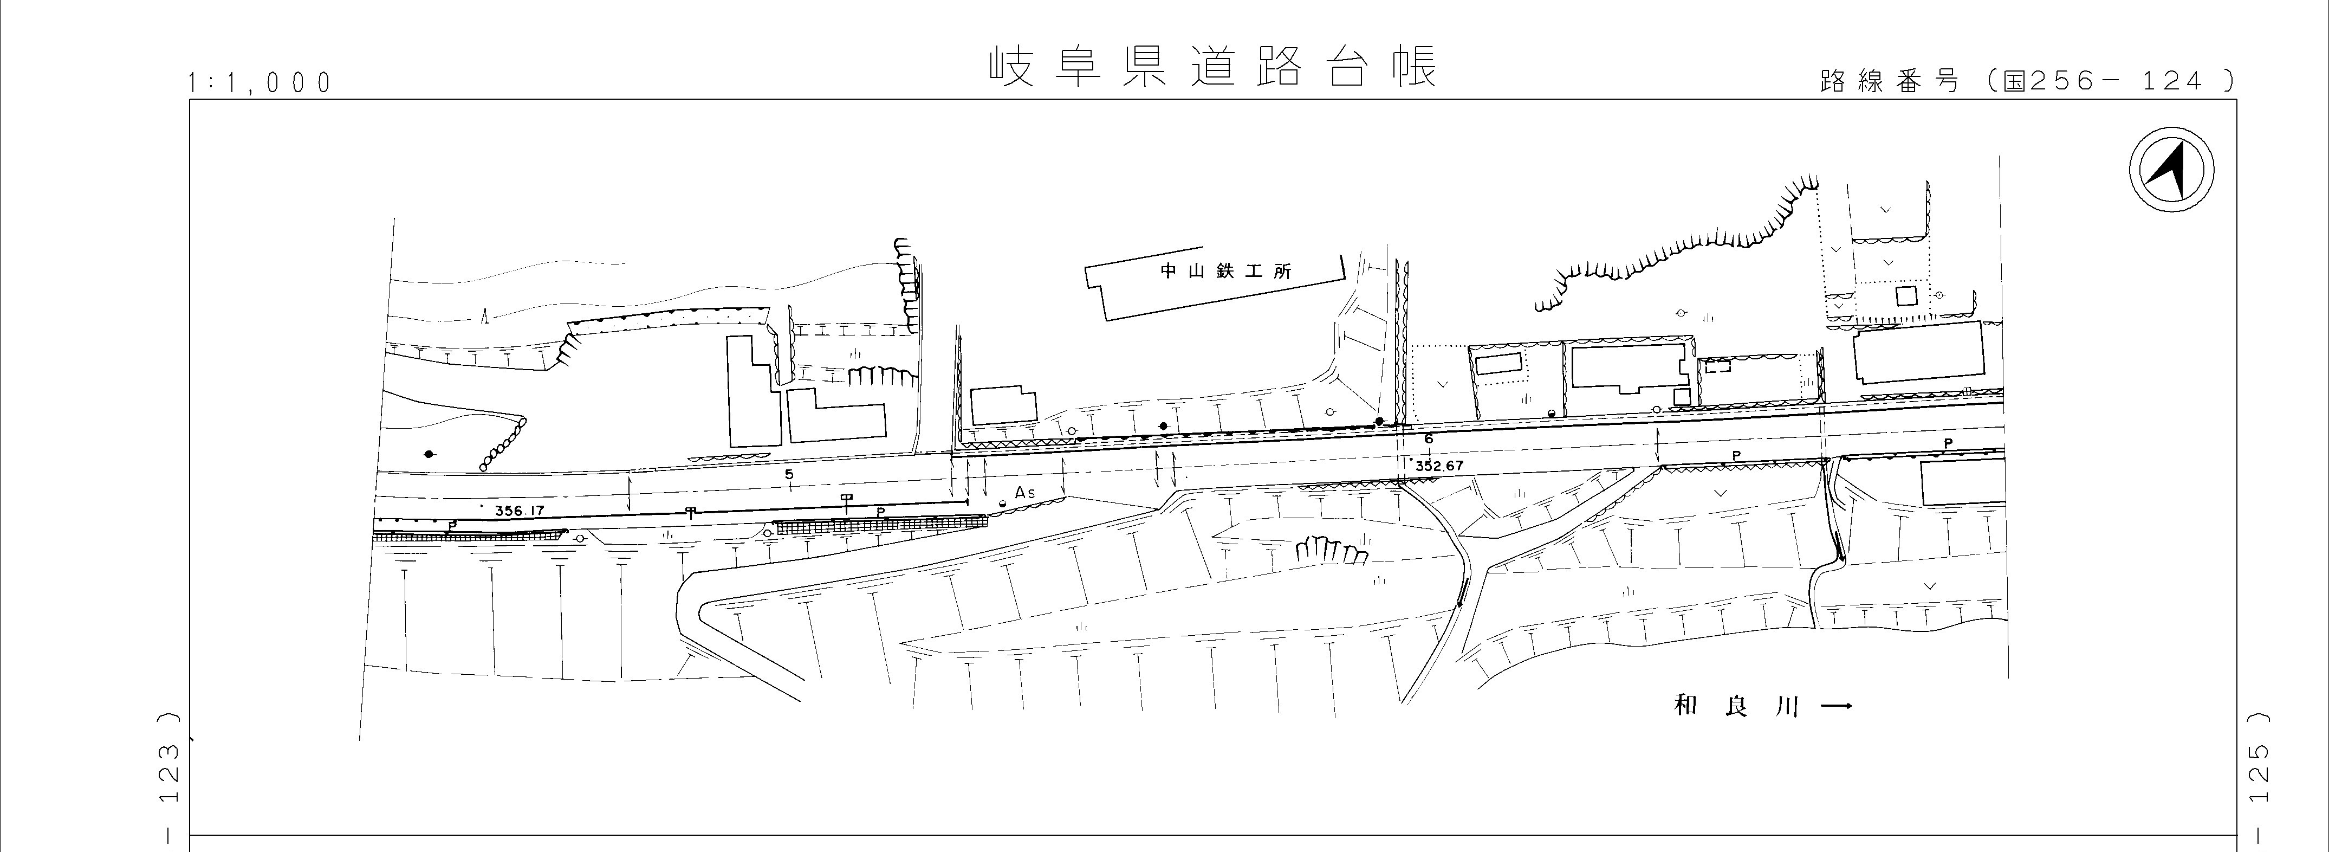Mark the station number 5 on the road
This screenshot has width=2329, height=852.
click(789, 474)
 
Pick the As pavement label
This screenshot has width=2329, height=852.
click(1024, 492)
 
